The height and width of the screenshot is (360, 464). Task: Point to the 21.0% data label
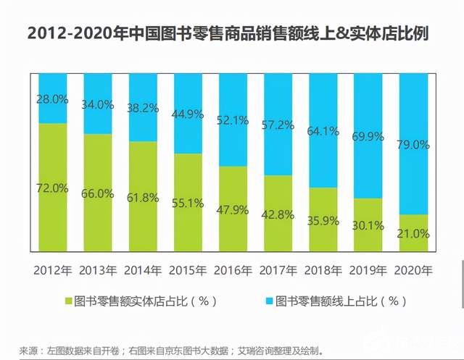413,233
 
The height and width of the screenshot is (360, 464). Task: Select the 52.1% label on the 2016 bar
233,120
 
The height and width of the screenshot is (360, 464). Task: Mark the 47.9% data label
233,210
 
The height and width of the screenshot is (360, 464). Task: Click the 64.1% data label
323,131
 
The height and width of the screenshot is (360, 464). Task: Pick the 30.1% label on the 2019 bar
368,226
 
